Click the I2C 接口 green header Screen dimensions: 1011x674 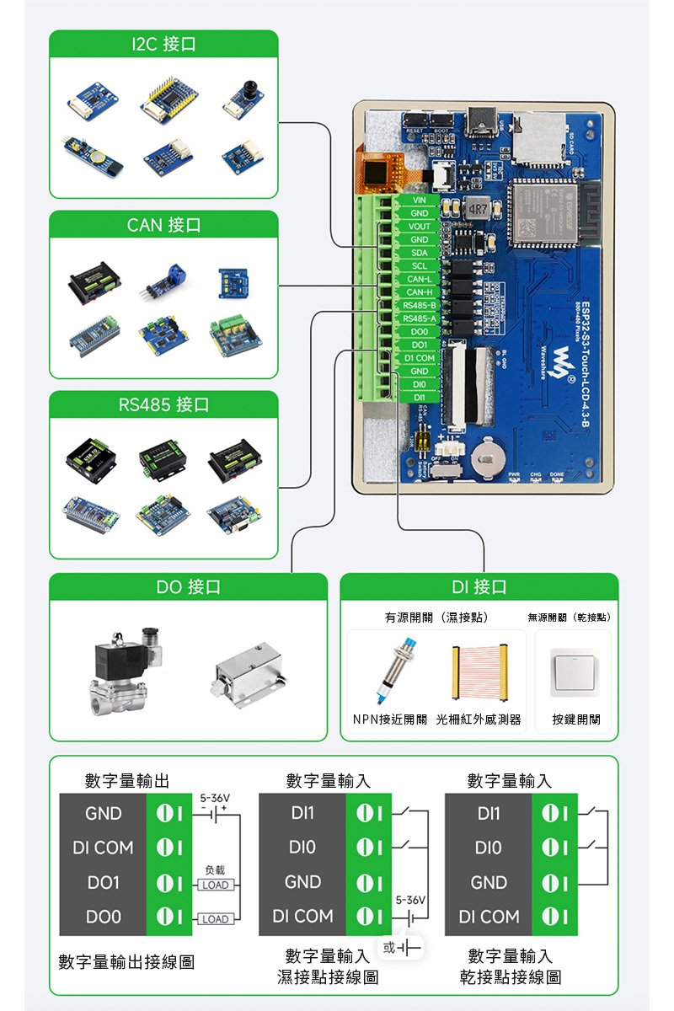click(x=163, y=45)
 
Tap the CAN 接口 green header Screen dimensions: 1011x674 click(x=163, y=225)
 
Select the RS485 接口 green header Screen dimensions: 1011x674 click(x=163, y=405)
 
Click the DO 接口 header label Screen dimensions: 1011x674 click(x=188, y=587)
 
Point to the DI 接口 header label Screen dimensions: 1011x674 click(x=479, y=587)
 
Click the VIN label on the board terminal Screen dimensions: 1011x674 click(x=419, y=201)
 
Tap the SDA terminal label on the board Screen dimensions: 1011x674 click(x=419, y=253)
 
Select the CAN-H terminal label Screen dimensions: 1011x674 click(x=419, y=292)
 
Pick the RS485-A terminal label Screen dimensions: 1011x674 click(x=419, y=318)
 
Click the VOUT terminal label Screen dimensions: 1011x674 click(x=419, y=227)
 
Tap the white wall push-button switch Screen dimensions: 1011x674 click(x=575, y=672)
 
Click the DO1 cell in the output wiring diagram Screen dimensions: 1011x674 click(x=103, y=882)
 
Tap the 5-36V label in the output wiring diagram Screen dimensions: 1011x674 click(x=215, y=797)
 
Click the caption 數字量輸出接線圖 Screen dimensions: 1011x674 click(x=126, y=961)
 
